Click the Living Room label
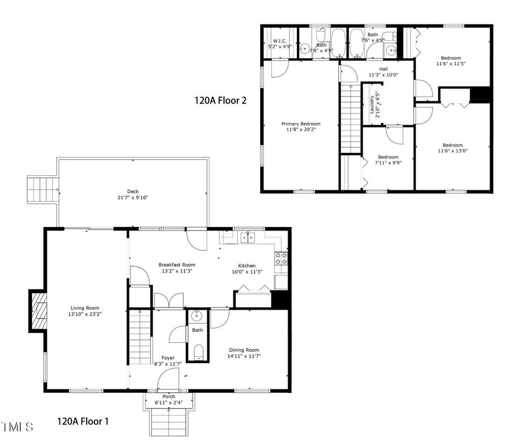tap(85, 308)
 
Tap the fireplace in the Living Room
tap(38, 311)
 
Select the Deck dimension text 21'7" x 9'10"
tap(133, 197)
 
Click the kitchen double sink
tap(248, 237)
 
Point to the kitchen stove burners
tap(281, 258)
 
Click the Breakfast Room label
tap(177, 265)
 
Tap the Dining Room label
tap(244, 350)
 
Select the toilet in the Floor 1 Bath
tap(198, 352)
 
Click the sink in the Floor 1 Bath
tap(196, 315)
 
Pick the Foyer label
tap(168, 358)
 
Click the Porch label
tap(169, 396)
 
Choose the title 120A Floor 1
tap(83, 421)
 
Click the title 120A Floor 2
tap(221, 100)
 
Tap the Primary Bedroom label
tap(301, 123)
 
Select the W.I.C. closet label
tap(279, 41)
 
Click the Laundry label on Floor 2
tap(372, 104)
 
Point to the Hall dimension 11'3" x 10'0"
tap(384, 74)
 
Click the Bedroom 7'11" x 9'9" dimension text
tap(388, 163)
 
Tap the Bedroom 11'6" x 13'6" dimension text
tap(453, 151)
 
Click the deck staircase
tap(42, 190)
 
